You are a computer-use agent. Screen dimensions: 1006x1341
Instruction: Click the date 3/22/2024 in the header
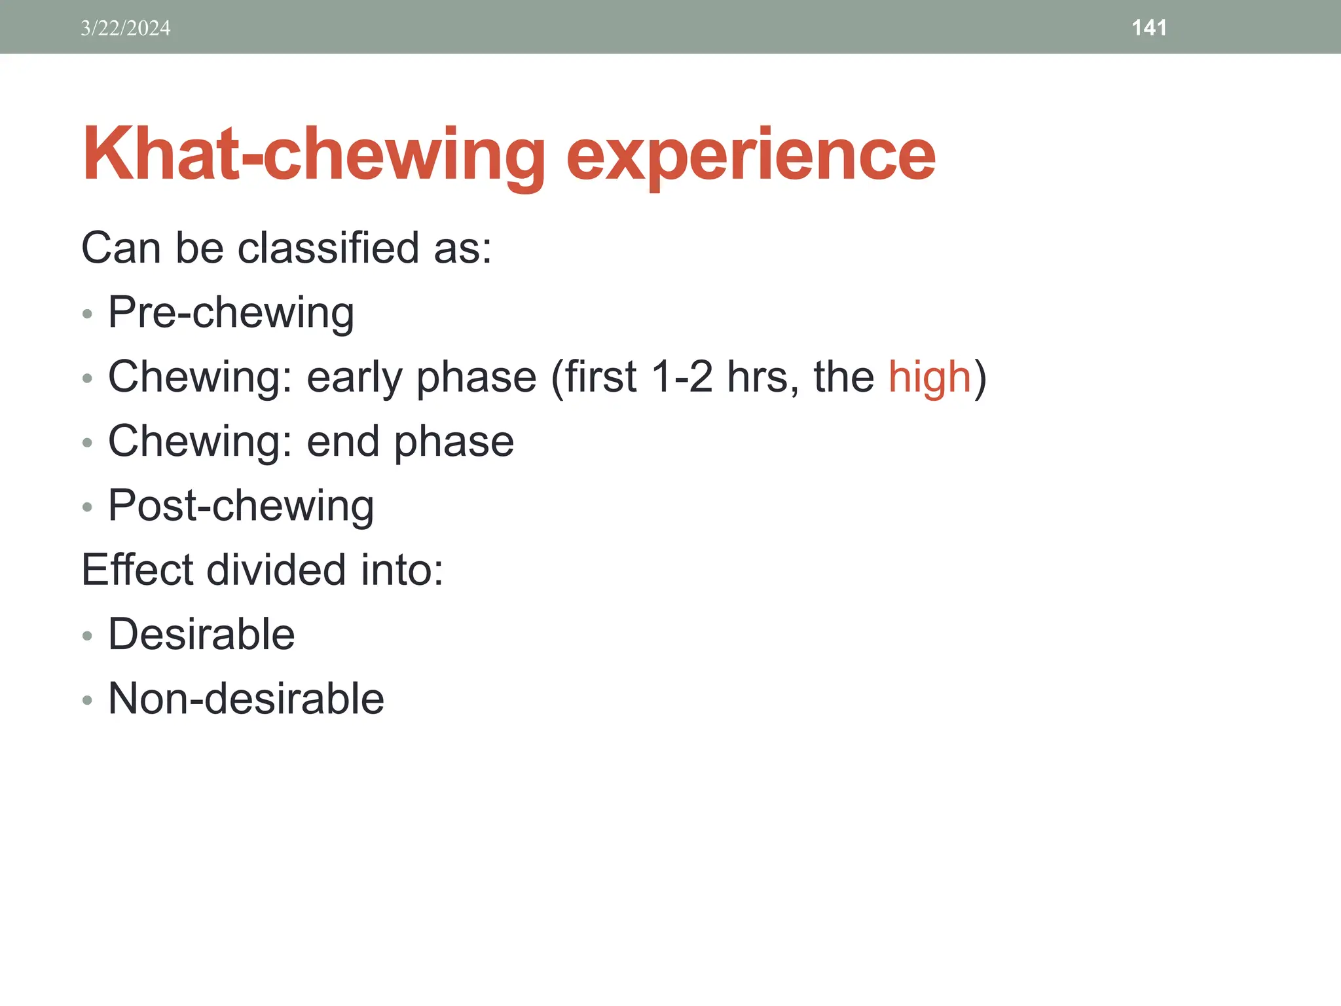(x=125, y=28)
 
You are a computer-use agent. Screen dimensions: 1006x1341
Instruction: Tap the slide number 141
(x=1148, y=28)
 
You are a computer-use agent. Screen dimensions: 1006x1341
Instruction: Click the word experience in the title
(x=750, y=155)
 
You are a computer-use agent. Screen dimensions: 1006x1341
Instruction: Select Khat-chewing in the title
(x=314, y=155)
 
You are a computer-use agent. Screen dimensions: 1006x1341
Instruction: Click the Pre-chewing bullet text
(x=230, y=312)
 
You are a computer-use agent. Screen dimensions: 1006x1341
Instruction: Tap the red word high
(x=929, y=377)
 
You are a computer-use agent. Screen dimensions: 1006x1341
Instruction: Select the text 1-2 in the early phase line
(x=682, y=377)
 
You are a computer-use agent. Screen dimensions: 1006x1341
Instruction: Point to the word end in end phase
(x=343, y=441)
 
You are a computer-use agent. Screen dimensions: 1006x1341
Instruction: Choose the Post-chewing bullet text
(x=241, y=506)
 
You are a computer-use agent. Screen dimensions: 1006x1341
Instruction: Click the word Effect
(x=138, y=570)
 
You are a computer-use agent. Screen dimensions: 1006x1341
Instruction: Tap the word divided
(x=276, y=570)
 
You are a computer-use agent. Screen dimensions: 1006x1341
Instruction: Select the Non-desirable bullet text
(x=246, y=699)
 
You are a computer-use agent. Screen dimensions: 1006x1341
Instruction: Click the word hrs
(x=762, y=377)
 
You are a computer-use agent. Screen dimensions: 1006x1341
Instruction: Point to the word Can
(x=120, y=248)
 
